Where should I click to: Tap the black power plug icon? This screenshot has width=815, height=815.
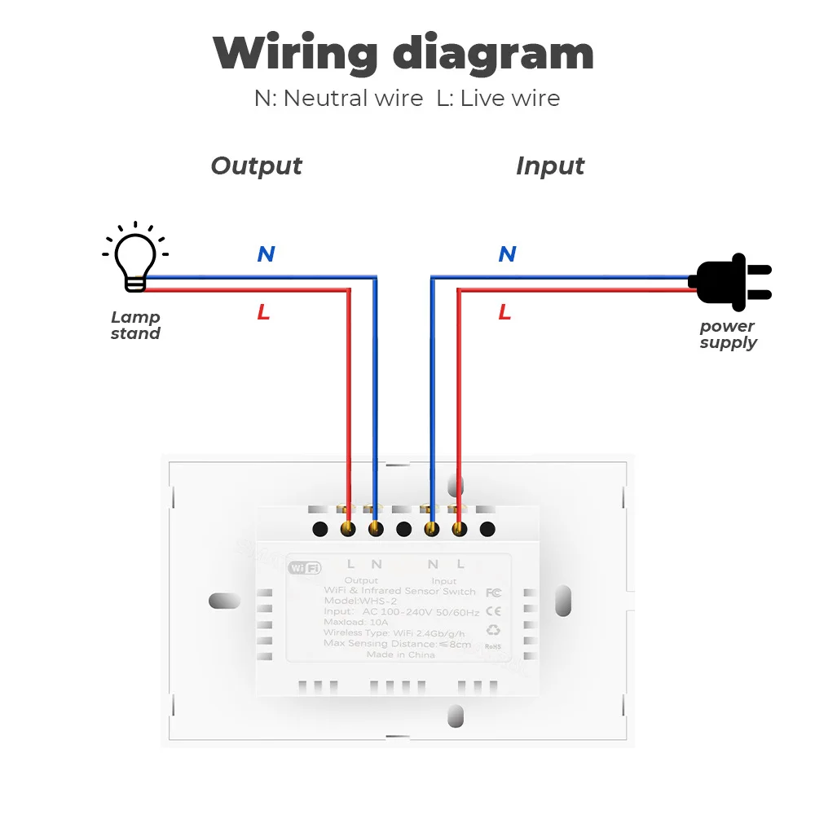(x=729, y=282)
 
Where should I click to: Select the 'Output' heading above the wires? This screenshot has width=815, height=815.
(x=256, y=165)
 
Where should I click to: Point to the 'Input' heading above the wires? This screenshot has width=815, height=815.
(x=550, y=165)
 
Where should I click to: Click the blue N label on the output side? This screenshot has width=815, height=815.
(x=266, y=254)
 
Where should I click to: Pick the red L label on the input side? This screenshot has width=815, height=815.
(x=504, y=312)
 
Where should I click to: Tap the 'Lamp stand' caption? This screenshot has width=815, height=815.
(x=135, y=325)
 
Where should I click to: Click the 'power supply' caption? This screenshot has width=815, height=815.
(x=728, y=334)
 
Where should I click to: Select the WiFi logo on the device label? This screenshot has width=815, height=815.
(x=305, y=567)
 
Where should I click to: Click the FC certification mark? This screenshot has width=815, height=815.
(x=492, y=593)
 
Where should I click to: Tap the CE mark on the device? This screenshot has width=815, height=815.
(x=492, y=611)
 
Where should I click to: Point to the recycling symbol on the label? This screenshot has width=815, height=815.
(x=492, y=630)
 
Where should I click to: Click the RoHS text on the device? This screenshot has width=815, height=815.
(x=492, y=645)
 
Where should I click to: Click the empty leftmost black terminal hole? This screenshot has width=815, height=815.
(x=320, y=529)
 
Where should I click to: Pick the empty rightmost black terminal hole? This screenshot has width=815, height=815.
(x=487, y=529)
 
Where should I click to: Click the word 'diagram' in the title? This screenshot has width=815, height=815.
(x=493, y=54)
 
